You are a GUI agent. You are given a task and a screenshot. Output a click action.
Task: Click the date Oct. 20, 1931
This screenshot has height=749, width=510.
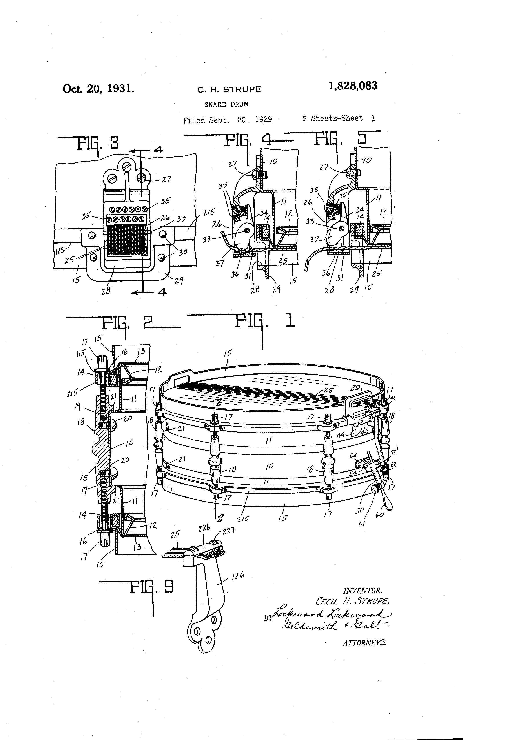98,88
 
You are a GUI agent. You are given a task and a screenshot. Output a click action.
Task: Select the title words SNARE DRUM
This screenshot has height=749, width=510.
226,104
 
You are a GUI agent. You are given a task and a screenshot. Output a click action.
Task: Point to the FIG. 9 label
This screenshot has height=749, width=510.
151,587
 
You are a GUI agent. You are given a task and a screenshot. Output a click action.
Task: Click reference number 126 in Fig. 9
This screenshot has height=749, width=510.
238,575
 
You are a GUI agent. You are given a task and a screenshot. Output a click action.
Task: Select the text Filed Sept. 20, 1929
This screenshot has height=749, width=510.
227,120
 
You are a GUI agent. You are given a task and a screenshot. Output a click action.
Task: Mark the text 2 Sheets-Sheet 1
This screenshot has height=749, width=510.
339,118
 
